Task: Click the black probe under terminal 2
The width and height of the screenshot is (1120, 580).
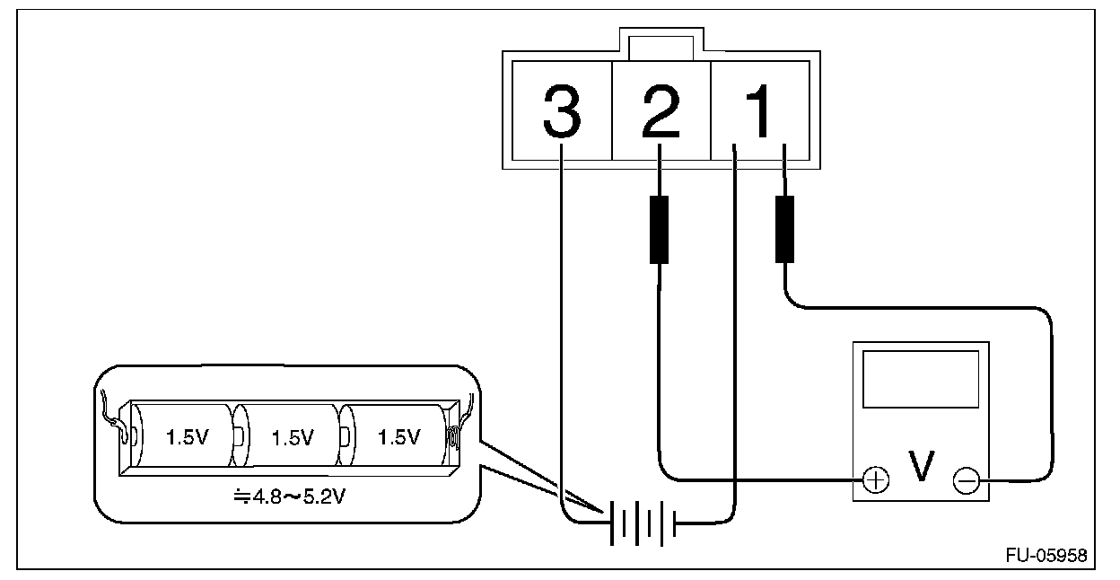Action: (660, 229)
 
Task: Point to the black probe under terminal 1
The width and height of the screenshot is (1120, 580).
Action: (785, 229)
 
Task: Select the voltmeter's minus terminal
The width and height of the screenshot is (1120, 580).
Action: (967, 482)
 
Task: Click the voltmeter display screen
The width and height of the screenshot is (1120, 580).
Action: (920, 380)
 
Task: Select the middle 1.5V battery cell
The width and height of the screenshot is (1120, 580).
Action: (289, 437)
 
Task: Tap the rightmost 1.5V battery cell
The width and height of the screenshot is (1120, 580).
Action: (397, 437)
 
